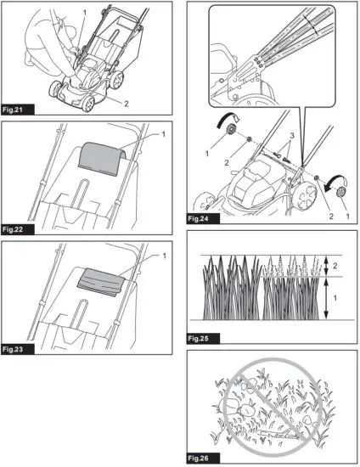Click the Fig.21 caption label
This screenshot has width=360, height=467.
20,110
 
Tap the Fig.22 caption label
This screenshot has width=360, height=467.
20,229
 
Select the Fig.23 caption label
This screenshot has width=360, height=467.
20,349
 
